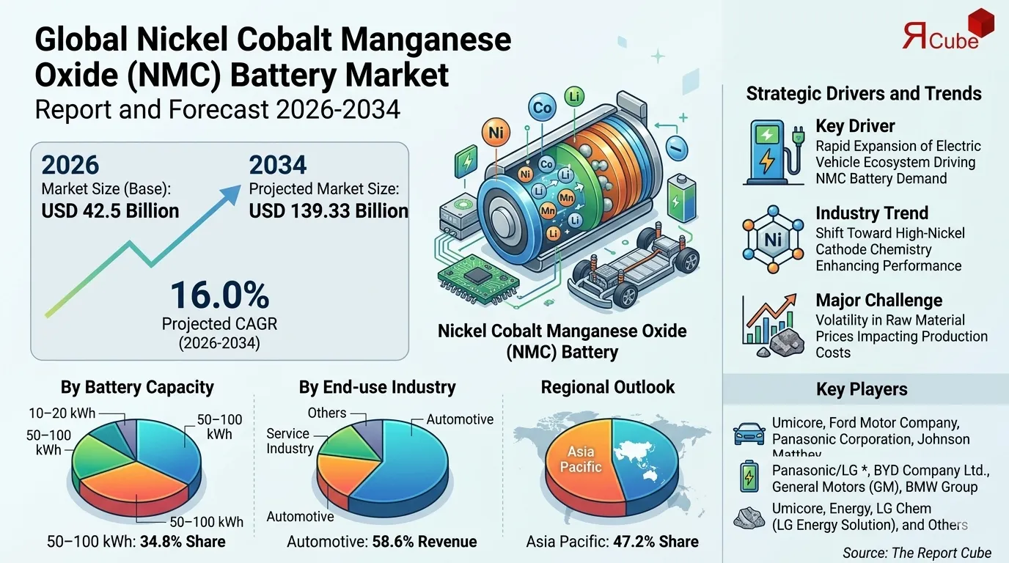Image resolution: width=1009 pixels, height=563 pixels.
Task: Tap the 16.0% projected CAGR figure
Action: [219, 295]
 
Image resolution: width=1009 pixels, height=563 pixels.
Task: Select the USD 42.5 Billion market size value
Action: [111, 211]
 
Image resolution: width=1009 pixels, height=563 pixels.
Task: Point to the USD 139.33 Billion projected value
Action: [329, 211]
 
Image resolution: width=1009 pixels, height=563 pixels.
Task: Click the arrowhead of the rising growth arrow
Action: [232, 192]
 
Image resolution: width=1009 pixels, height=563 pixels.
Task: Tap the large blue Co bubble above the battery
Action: [543, 108]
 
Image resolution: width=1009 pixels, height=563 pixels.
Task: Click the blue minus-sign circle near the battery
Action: [677, 150]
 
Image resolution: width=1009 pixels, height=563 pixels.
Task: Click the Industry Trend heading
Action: [872, 213]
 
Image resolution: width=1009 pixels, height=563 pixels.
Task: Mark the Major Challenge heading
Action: [878, 301]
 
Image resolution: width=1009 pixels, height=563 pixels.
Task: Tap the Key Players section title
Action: [862, 389]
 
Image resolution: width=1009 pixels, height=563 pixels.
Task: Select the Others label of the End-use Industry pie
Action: [326, 413]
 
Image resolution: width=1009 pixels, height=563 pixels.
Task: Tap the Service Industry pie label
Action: [290, 441]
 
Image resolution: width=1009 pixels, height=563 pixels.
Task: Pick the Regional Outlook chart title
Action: [607, 387]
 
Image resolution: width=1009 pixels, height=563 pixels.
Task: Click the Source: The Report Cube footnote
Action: [917, 553]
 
